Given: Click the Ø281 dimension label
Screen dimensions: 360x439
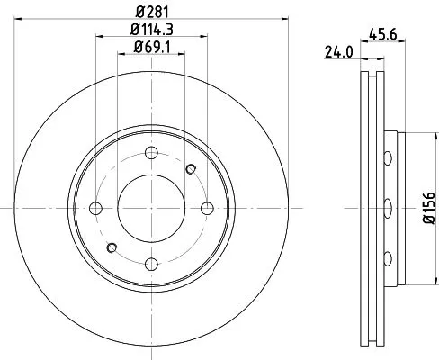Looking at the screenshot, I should pyautogui.click(x=150, y=12).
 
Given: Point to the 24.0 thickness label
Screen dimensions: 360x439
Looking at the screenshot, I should pyautogui.click(x=338, y=54).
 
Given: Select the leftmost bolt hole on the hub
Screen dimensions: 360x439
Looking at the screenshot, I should pyautogui.click(x=95, y=209).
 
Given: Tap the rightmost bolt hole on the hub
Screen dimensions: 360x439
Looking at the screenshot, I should pyautogui.click(x=207, y=209).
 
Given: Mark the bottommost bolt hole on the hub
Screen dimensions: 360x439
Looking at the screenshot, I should pyautogui.click(x=151, y=264).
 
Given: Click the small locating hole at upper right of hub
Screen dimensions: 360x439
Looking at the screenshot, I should pyautogui.click(x=190, y=168).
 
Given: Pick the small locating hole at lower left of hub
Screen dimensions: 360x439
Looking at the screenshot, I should pyautogui.click(x=112, y=247).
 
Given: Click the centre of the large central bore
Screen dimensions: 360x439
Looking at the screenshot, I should pyautogui.click(x=151, y=209).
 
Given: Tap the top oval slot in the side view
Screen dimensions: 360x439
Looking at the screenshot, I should pyautogui.click(x=387, y=159).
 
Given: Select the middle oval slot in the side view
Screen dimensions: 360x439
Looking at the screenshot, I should pyautogui.click(x=387, y=209).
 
